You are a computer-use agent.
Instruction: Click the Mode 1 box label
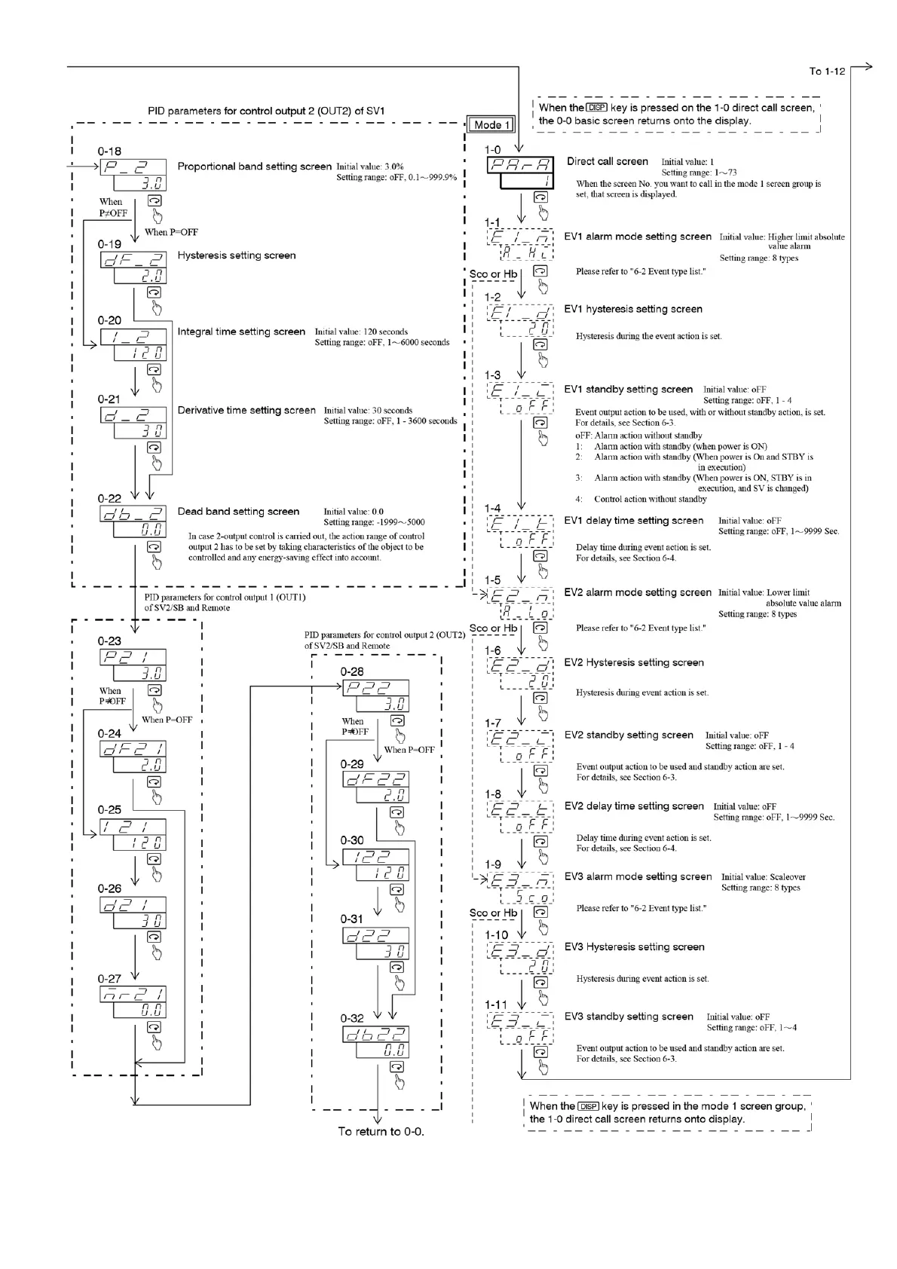[x=491, y=124]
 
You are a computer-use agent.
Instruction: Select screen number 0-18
[x=109, y=151]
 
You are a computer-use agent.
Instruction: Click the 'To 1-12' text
[x=827, y=72]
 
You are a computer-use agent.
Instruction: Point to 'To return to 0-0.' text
[x=381, y=1131]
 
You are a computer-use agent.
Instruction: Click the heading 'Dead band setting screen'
[x=238, y=512]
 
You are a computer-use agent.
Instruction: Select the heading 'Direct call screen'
[x=607, y=161]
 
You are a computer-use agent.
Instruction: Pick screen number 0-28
[x=352, y=671]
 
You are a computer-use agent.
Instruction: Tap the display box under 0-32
[x=376, y=1042]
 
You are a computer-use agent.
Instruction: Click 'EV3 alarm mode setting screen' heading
[x=638, y=876]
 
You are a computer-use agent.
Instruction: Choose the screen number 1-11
[x=496, y=1004]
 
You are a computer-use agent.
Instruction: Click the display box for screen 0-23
[x=133, y=665]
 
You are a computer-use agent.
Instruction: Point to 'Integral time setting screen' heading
[x=241, y=332]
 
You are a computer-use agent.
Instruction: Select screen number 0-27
[x=109, y=978]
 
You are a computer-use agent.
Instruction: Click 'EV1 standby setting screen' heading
[x=628, y=390]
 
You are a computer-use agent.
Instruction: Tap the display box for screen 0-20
[x=133, y=345]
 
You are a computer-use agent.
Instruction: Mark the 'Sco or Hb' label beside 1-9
[x=493, y=913]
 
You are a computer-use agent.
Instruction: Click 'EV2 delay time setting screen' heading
[x=634, y=806]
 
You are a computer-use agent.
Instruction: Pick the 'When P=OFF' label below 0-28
[x=409, y=750]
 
